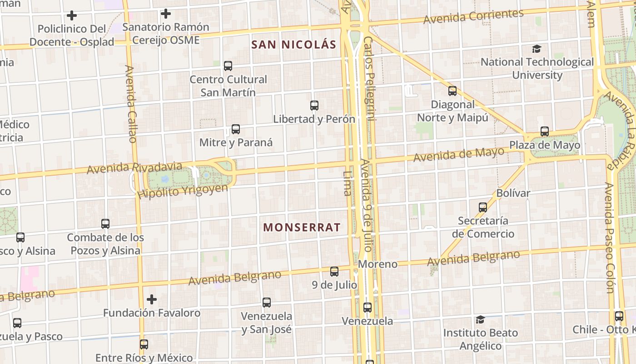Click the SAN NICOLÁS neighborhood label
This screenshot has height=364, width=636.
pyautogui.click(x=293, y=45)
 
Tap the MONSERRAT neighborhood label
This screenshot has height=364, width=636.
pyautogui.click(x=302, y=227)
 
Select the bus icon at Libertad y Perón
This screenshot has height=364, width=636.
pyautogui.click(x=314, y=106)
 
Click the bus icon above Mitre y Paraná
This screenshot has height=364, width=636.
pyautogui.click(x=235, y=129)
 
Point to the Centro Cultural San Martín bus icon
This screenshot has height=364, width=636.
pyautogui.click(x=228, y=66)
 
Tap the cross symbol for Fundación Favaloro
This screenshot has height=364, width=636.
pyautogui.click(x=152, y=299)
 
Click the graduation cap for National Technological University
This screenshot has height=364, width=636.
pyautogui.click(x=537, y=48)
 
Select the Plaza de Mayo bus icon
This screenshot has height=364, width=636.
pyautogui.click(x=544, y=131)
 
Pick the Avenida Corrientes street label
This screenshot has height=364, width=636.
pyautogui.click(x=473, y=16)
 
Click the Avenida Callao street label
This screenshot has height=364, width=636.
pyautogui.click(x=131, y=104)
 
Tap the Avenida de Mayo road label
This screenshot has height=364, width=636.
pyautogui.click(x=459, y=154)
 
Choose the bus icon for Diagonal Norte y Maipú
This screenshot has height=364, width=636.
pyautogui.click(x=452, y=91)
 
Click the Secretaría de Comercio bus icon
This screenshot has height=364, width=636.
pyautogui.click(x=482, y=207)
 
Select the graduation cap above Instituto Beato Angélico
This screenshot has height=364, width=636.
pyautogui.click(x=480, y=319)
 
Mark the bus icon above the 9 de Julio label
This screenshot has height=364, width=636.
pyautogui.click(x=334, y=272)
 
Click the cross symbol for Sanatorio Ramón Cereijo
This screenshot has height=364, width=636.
pyautogui.click(x=166, y=14)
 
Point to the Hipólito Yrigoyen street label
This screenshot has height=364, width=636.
pyautogui.click(x=183, y=191)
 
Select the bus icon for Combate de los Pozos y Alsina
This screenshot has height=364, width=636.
pyautogui.click(x=105, y=223)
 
